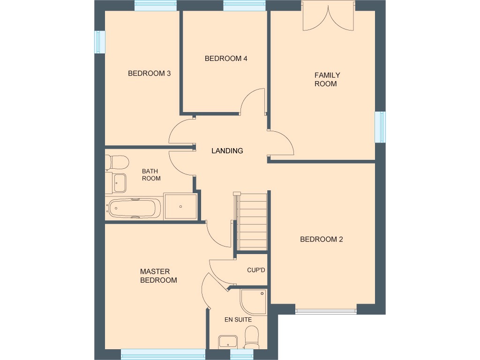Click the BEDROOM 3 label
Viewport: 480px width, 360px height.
click(x=149, y=73)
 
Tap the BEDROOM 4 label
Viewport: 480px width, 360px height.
click(x=225, y=59)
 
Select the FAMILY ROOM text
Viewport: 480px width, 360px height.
click(x=327, y=79)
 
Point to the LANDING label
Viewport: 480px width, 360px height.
click(x=227, y=151)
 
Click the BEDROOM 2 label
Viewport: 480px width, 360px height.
click(x=321, y=239)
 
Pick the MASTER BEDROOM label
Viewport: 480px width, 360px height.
click(x=158, y=276)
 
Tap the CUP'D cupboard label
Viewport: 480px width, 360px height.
click(x=256, y=270)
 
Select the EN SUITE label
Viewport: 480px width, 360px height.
click(x=238, y=320)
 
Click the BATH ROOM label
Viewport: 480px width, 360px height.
click(x=151, y=175)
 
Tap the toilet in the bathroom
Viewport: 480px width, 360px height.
click(x=117, y=163)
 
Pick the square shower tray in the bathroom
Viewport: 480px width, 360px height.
click(x=180, y=206)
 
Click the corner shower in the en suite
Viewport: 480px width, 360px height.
click(x=254, y=301)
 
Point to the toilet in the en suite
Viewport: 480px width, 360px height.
click(x=252, y=337)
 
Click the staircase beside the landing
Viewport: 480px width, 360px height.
click(x=252, y=223)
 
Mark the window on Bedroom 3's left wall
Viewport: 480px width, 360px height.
click(x=100, y=42)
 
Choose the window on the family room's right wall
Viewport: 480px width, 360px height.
click(x=380, y=127)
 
